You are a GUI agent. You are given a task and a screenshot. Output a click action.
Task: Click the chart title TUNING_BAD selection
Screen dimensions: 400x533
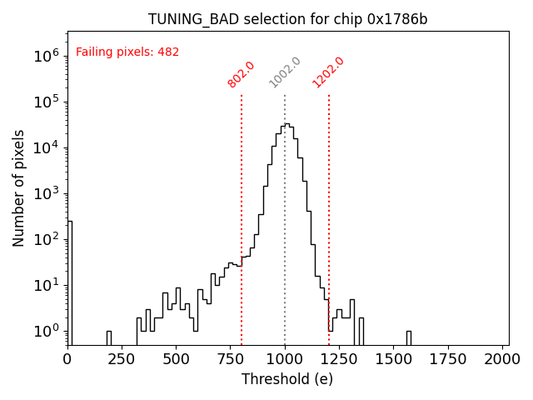click(x=287, y=19)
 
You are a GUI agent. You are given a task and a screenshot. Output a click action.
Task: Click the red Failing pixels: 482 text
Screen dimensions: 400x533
click(x=127, y=52)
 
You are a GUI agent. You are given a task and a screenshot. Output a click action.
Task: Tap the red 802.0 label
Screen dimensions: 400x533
click(x=242, y=74)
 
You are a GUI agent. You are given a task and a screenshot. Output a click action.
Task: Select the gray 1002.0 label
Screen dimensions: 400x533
click(x=285, y=72)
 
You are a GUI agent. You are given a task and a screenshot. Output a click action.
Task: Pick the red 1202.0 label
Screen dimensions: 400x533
click(x=328, y=72)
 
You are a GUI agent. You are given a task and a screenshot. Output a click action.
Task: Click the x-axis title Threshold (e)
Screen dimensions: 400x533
click(x=287, y=379)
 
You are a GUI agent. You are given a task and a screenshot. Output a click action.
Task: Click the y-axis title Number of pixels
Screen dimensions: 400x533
click(x=19, y=188)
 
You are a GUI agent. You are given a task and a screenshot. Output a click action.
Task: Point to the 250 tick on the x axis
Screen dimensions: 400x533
click(x=122, y=359)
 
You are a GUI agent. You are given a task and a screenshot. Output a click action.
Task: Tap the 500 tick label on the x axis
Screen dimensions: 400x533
click(x=177, y=359)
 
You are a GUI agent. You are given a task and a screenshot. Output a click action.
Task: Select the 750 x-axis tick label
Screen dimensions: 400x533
click(x=231, y=359)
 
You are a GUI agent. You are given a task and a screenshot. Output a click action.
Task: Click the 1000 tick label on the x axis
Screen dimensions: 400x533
click(x=285, y=359)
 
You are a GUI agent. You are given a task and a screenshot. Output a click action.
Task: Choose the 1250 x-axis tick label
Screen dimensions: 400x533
click(x=340, y=359)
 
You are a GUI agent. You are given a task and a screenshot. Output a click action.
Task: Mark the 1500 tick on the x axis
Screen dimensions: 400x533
click(x=394, y=359)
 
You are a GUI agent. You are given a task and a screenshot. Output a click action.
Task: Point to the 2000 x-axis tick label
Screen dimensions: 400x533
click(x=503, y=359)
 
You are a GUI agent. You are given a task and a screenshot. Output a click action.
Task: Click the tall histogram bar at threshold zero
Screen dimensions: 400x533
click(x=70, y=283)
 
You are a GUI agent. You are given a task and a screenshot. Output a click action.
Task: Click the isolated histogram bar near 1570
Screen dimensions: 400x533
click(x=409, y=337)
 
